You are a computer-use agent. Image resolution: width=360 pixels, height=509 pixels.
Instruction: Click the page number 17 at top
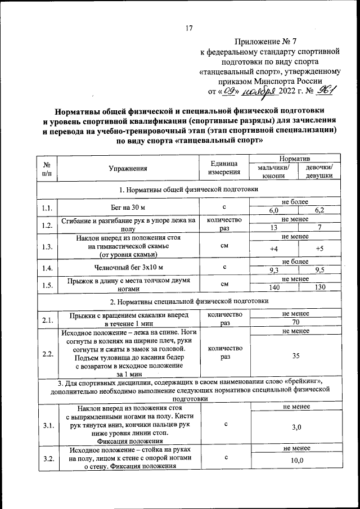point(189,28)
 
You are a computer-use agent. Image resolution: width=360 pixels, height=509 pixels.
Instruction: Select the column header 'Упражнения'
point(128,168)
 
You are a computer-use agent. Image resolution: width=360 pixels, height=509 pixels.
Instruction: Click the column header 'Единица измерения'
point(224,168)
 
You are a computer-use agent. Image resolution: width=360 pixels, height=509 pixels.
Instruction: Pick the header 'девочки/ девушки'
point(319,172)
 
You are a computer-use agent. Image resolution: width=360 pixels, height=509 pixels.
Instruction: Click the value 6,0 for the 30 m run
point(274,211)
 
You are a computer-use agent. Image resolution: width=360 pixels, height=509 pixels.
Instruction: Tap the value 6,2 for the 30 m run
point(319,211)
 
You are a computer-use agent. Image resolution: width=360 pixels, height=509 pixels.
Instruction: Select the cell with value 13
point(274,227)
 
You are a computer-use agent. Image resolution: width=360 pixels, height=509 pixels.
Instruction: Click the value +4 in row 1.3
point(274,249)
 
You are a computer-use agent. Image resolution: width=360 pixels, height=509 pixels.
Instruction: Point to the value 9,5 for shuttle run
point(319,270)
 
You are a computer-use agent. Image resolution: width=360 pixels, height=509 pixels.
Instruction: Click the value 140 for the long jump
point(274,287)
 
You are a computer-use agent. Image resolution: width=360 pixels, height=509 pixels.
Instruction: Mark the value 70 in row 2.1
point(296,323)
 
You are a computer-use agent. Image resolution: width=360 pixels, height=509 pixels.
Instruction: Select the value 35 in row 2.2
point(296,356)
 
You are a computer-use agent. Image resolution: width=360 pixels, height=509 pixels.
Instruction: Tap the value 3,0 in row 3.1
point(296,427)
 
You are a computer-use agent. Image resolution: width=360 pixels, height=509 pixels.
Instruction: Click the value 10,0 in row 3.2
point(296,461)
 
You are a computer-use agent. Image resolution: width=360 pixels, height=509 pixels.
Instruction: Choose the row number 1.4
point(47,267)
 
